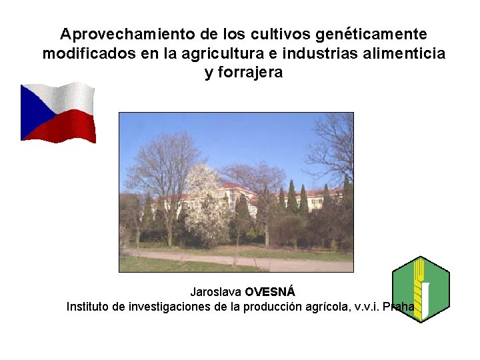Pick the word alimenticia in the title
tap(406, 53)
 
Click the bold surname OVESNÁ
tap(269, 292)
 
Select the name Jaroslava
tap(215, 292)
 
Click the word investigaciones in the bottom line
tap(166, 307)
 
